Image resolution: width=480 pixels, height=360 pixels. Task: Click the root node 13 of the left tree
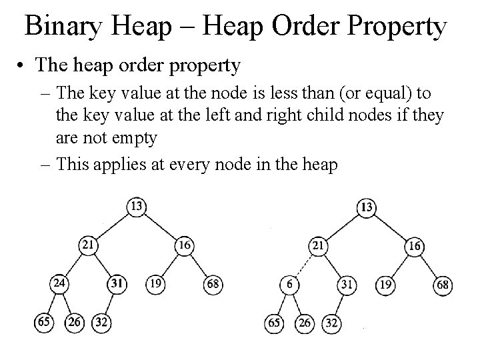(136, 207)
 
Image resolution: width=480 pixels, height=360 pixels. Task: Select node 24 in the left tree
(60, 284)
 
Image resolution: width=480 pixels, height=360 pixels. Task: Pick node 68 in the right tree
(443, 286)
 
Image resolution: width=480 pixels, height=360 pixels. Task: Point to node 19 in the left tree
(154, 285)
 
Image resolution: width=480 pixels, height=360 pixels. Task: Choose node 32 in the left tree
(101, 323)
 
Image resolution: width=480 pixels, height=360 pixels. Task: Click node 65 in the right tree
(274, 323)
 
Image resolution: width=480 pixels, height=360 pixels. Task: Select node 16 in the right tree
(415, 246)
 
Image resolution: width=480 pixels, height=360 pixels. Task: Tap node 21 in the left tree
(88, 245)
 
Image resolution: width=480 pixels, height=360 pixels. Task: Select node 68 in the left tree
(213, 285)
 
